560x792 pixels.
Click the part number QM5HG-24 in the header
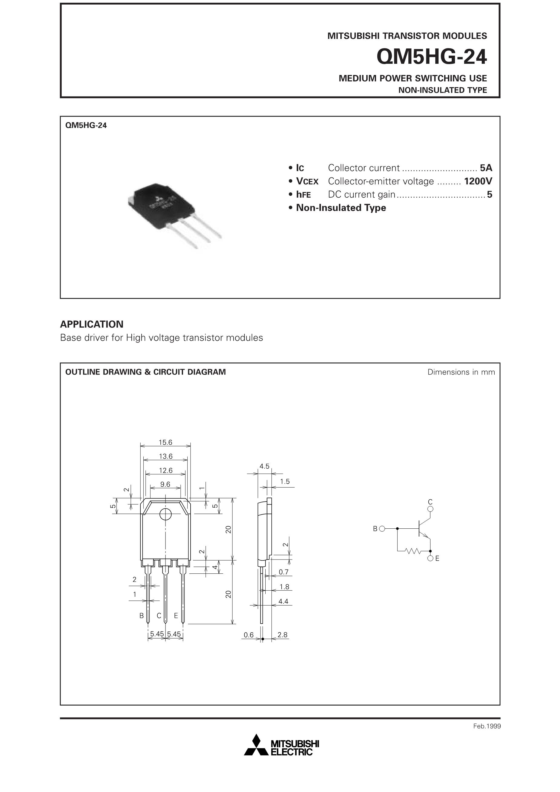(x=431, y=57)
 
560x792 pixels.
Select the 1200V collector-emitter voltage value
(x=478, y=181)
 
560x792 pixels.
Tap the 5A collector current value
(x=486, y=168)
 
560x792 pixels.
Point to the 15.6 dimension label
(x=165, y=442)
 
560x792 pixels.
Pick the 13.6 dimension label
(x=165, y=456)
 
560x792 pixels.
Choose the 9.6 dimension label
(x=165, y=484)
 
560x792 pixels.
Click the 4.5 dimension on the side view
(x=264, y=466)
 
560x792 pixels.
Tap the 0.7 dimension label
(x=283, y=572)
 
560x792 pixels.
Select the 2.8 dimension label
(x=282, y=635)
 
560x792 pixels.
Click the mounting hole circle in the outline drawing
(x=165, y=515)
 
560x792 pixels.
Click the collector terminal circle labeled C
(x=430, y=509)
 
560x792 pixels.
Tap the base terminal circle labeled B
(x=382, y=528)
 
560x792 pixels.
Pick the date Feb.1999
(x=487, y=726)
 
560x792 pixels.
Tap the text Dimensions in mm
(x=461, y=372)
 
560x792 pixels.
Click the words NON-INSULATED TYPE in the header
(x=443, y=90)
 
